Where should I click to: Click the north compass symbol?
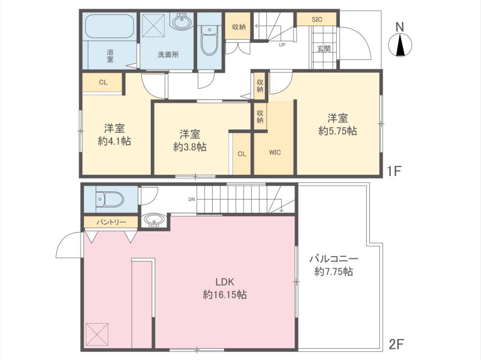[x=400, y=45]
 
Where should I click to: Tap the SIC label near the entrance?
[x=317, y=20]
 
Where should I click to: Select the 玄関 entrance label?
[x=324, y=49]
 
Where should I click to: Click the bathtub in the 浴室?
[x=111, y=26]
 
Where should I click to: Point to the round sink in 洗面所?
[x=182, y=22]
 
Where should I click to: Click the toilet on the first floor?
[x=210, y=40]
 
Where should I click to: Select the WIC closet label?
[x=275, y=152]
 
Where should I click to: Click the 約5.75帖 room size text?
[x=337, y=131]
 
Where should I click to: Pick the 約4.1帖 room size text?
[x=114, y=141]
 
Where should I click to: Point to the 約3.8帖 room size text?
[x=190, y=147]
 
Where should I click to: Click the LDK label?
[x=224, y=282]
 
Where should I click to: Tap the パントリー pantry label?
[x=111, y=222]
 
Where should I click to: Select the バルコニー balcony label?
[x=333, y=259]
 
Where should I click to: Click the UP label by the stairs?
[x=282, y=45]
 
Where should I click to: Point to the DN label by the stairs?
[x=191, y=200]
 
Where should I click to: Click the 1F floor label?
[x=394, y=171]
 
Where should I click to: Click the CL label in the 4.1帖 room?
[x=103, y=82]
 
